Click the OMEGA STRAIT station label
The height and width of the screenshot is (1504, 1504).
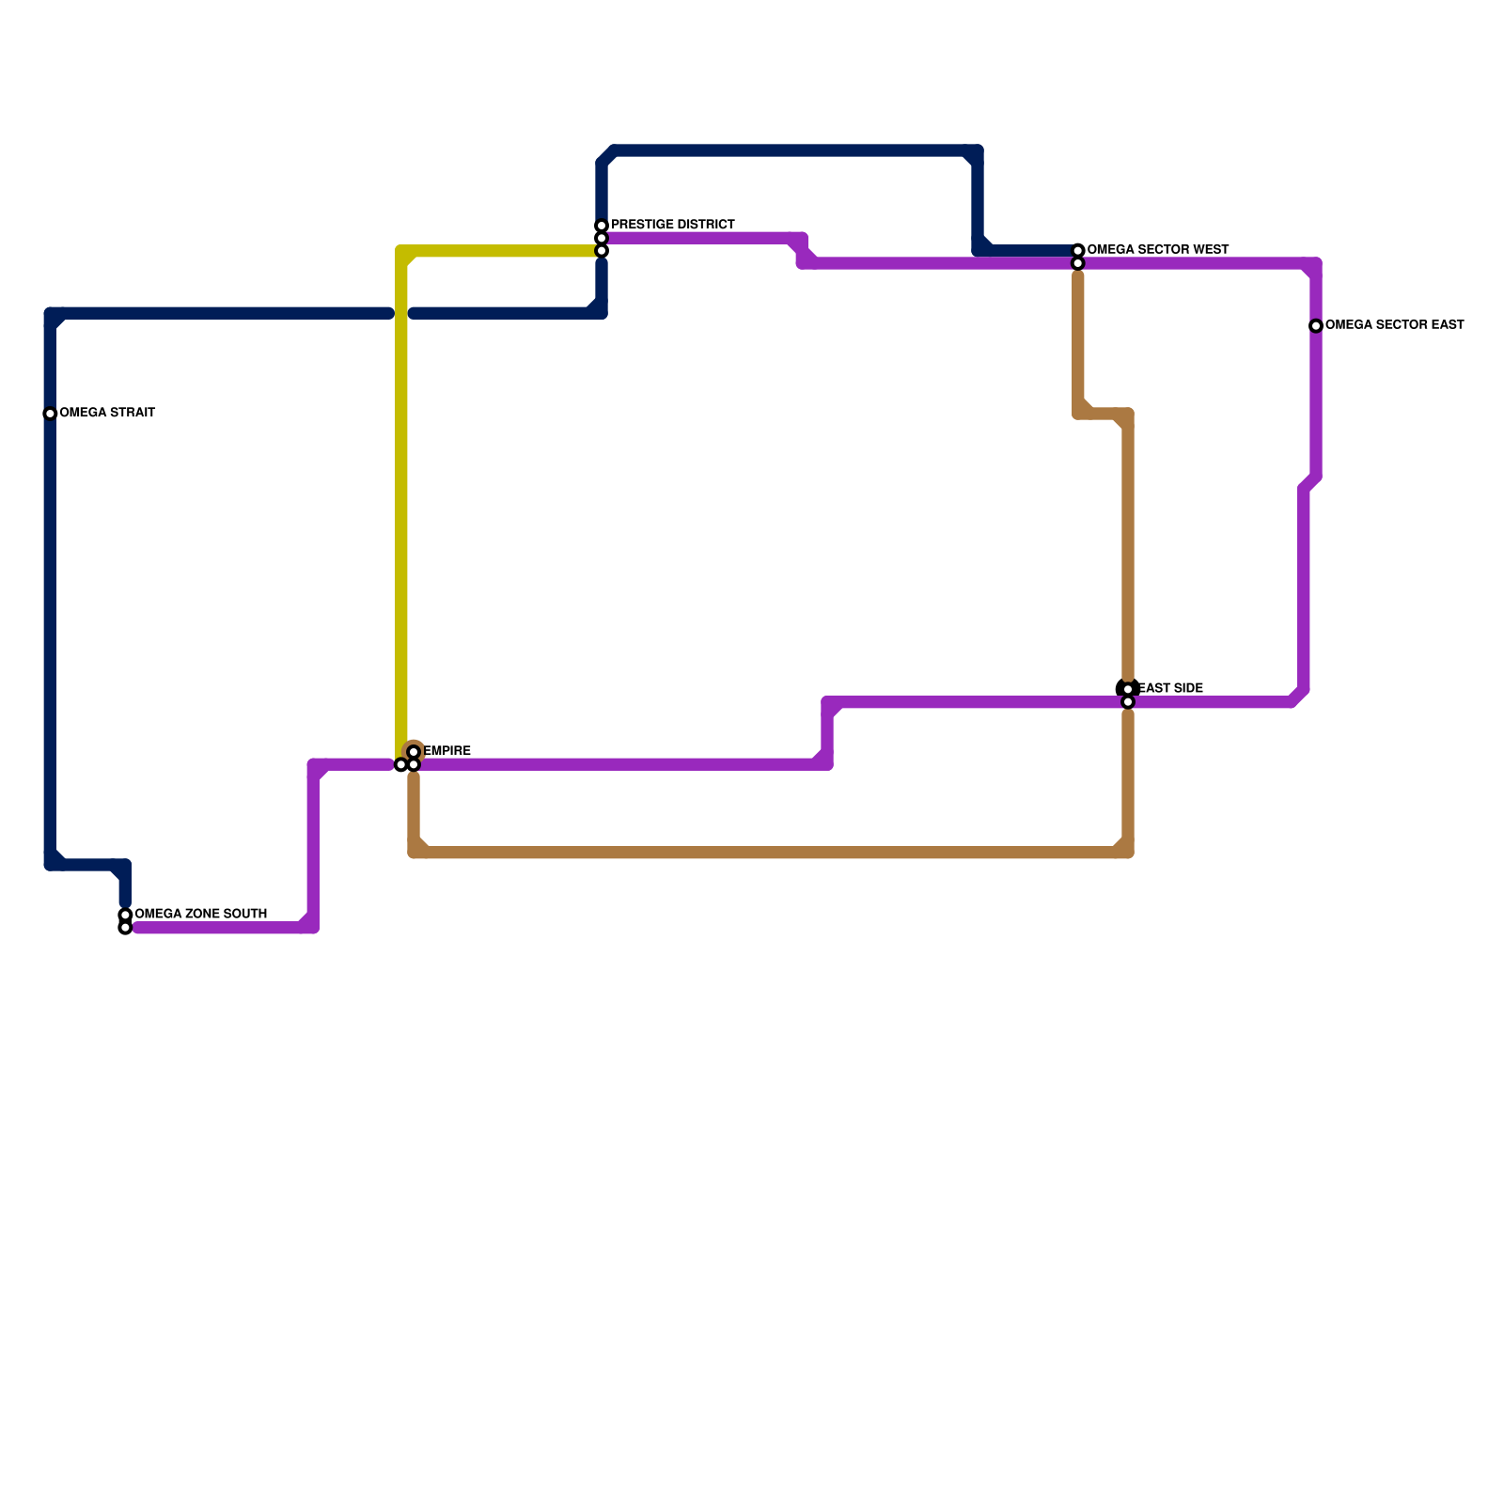[x=107, y=413]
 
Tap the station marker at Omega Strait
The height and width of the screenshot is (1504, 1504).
[x=50, y=414]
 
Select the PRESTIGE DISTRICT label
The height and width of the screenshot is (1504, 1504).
[x=672, y=225]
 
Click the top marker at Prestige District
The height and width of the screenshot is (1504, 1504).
[x=602, y=226]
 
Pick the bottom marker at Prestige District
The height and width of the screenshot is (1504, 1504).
[x=602, y=251]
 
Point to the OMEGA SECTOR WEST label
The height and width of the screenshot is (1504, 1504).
[x=1157, y=249]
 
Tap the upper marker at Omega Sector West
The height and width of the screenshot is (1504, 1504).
[x=1078, y=250]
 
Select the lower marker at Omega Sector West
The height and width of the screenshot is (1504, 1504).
[x=1078, y=263]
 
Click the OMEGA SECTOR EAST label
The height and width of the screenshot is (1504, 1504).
[x=1394, y=325]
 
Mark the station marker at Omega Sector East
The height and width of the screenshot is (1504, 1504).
[x=1316, y=326]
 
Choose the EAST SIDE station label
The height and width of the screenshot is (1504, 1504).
[x=1171, y=688]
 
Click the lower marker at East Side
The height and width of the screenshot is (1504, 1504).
[x=1128, y=702]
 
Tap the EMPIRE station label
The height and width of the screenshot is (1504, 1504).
[x=447, y=751]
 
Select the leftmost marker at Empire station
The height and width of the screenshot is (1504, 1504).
[x=401, y=765]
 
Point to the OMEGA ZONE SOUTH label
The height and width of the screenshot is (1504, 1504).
[x=200, y=914]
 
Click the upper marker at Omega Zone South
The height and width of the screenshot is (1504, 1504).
[x=125, y=915]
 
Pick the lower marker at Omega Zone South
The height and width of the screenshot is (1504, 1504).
[x=125, y=928]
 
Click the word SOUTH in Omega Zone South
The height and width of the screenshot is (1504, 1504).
[x=245, y=914]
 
